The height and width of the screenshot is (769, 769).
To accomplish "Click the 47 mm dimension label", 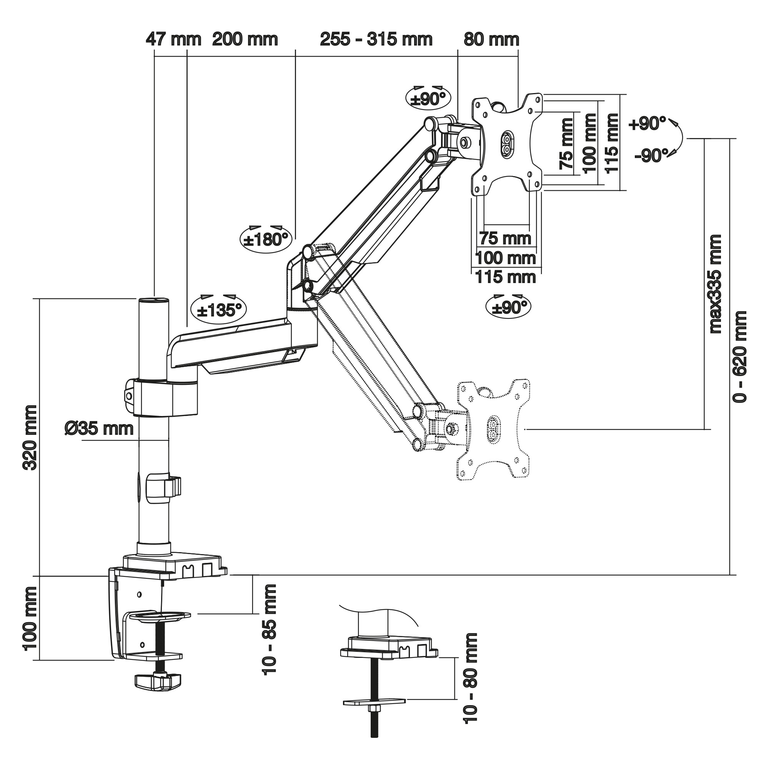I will point(173,40).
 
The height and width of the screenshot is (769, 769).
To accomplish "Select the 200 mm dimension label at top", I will point(245,40).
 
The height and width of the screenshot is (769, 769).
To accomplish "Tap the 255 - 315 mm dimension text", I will point(376,40).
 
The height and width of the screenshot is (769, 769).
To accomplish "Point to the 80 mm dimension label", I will point(491,40).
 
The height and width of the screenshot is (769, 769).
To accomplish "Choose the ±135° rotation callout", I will point(219,310).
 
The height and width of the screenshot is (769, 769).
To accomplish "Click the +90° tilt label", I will point(647,124).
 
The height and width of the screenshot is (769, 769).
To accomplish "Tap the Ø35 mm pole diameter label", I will point(99,429).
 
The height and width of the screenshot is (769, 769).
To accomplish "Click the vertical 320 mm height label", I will point(31,438).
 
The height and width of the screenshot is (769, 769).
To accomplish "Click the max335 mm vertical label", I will point(715,284).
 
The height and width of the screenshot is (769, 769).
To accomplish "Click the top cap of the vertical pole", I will point(154,300).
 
